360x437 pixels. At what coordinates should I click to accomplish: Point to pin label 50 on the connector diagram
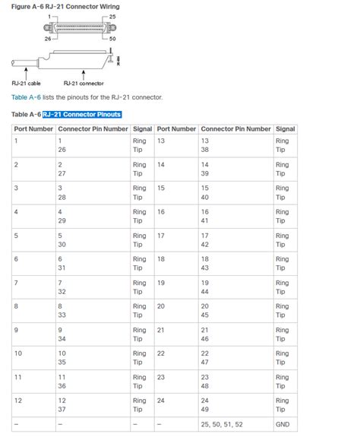click(113, 39)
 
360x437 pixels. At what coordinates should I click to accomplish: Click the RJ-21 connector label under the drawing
click(84, 83)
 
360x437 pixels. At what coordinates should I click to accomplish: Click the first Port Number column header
click(33, 129)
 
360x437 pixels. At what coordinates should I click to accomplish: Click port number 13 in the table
click(161, 141)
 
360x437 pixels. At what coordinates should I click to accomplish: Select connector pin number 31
click(62, 269)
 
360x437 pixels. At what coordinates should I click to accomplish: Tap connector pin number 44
click(205, 293)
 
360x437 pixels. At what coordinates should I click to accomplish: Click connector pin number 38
click(205, 150)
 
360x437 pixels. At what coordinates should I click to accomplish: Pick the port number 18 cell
click(161, 259)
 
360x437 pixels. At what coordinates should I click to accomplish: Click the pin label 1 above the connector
click(49, 15)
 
